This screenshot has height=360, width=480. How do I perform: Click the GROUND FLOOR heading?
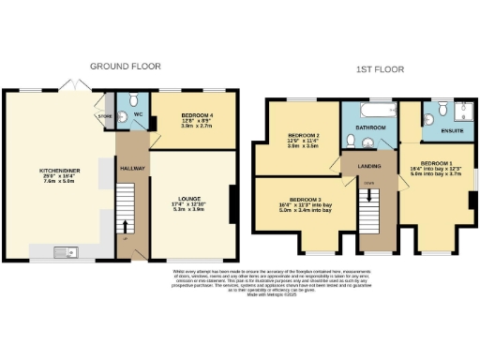coord(125,67)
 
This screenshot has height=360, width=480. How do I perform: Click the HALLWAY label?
coord(132,168)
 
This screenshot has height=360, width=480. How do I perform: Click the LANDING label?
coord(367,167)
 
